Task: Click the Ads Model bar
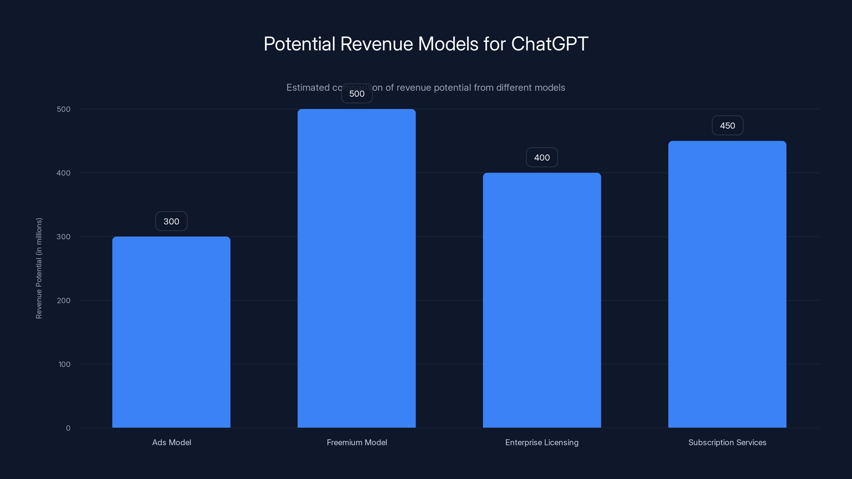pos(171,332)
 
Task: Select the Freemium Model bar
pos(357,268)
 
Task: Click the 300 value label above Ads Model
pos(171,221)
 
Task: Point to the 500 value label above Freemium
pos(357,94)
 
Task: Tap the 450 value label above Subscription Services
pos(727,126)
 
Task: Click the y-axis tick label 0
pos(68,428)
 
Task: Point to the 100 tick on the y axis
pos(64,364)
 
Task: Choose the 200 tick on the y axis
pos(64,300)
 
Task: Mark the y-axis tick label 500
pos(64,109)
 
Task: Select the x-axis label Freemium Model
pos(357,442)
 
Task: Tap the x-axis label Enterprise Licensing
pos(542,442)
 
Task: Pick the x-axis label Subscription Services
pos(727,442)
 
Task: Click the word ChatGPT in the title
pos(550,44)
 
